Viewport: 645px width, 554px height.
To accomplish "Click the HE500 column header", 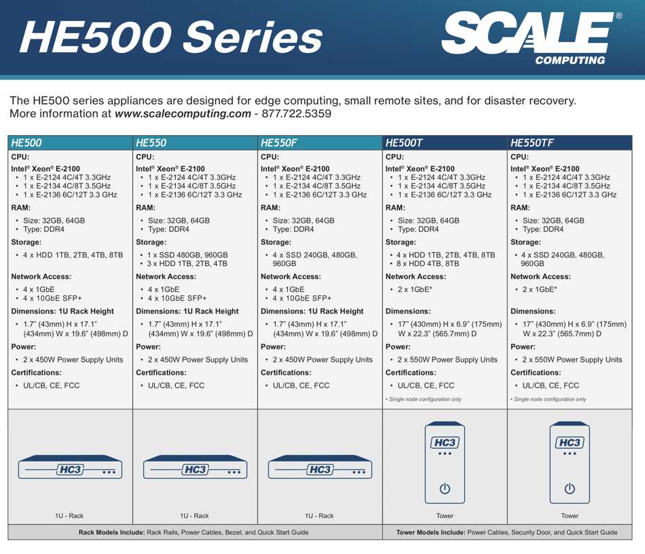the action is pos(26,143).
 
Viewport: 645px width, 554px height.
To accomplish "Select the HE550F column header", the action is pos(278,143).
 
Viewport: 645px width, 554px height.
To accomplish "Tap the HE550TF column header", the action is pos(532,143).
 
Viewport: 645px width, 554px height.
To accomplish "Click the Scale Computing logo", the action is pos(531,38).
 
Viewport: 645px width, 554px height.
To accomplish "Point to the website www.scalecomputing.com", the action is pos(183,113).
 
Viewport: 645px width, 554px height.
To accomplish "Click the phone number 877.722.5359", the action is pos(296,113).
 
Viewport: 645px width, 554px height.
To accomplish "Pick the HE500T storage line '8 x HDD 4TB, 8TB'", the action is pos(428,263).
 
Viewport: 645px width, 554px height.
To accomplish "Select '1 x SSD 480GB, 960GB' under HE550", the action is pos(188,255).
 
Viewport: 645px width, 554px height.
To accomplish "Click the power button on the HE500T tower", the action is pos(445,489).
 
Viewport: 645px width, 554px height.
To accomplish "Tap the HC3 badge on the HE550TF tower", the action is pos(570,443).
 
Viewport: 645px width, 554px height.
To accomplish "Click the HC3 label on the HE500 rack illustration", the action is pos(71,470).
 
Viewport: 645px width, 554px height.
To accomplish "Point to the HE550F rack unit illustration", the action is pos(320,467).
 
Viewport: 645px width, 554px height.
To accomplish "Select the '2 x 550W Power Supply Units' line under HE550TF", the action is pos(572,359).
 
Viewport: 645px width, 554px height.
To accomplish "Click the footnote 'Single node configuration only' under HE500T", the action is pos(425,399).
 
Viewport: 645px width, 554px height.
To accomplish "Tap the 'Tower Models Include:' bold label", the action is pos(430,532).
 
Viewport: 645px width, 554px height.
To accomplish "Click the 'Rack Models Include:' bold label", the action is pos(112,532).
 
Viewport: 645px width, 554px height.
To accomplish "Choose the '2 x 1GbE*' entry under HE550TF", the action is pos(540,289).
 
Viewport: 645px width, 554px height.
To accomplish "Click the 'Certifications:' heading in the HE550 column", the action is pos(161,373).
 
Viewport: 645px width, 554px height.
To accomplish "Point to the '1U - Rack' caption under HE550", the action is pos(194,516).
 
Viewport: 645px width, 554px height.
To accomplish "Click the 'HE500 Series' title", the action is pos(171,37).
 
